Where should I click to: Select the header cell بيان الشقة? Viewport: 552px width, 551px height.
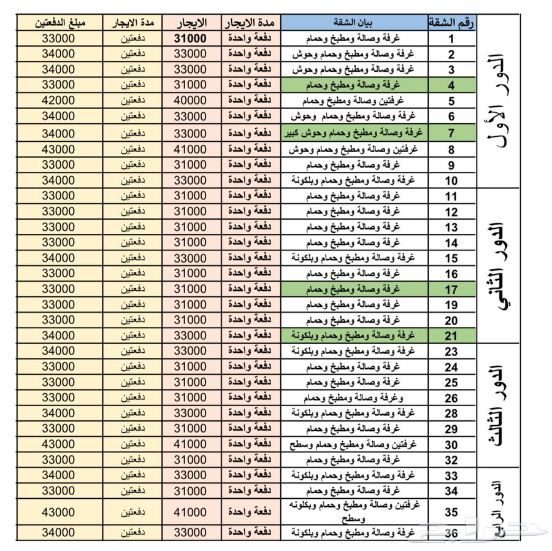point(355,23)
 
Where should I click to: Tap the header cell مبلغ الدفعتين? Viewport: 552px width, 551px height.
point(58,23)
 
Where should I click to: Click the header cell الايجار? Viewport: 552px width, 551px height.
point(191,23)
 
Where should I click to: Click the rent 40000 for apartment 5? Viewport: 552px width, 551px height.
point(191,101)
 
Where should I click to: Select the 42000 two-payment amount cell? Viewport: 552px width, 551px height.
point(58,101)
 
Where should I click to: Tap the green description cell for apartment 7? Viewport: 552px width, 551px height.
point(355,133)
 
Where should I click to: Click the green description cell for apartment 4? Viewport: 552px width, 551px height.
point(355,85)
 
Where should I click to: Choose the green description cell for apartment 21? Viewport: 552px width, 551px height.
point(355,336)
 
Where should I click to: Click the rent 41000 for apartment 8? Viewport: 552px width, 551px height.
point(191,149)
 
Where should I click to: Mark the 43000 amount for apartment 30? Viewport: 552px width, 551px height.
point(58,444)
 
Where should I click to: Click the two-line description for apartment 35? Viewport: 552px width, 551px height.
point(355,511)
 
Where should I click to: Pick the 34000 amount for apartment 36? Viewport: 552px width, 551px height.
point(58,533)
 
